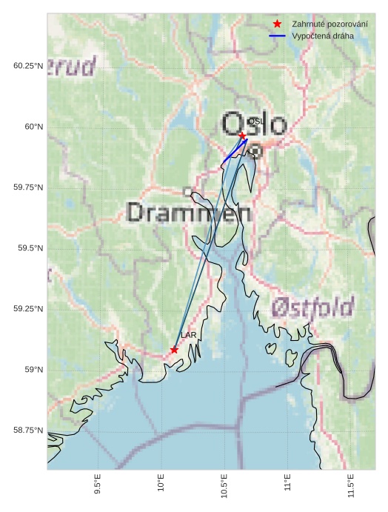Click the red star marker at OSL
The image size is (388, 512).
pos(242,136)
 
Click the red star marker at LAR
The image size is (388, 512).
pos(174,350)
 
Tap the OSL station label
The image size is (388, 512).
pos(255,121)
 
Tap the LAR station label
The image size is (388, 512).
pos(188,336)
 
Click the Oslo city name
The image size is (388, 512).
pos(254,124)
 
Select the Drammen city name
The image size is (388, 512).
pos(189,213)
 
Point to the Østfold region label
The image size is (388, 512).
pos(312,307)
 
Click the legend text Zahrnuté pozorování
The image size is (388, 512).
pos(330,24)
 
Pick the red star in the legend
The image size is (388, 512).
pos(277,24)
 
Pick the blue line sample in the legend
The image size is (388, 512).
pos(277,36)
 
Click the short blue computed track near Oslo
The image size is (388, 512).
pos(233,151)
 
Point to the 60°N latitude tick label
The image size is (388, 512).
pos(30,127)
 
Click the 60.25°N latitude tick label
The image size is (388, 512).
pos(28,66)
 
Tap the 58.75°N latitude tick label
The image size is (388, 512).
pos(28,430)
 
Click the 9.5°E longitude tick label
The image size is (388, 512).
pos(98,485)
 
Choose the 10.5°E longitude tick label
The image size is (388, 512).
pos(224,485)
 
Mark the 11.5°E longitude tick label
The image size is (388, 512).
pos(351,485)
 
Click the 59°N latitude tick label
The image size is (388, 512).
pos(30,370)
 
